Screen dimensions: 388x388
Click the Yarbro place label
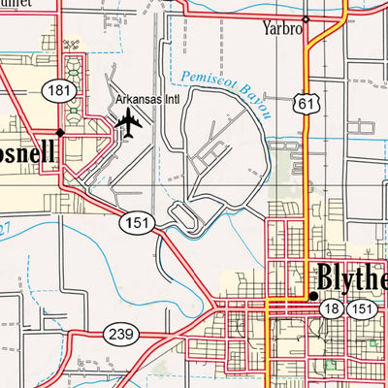pyautogui.click(x=282, y=29)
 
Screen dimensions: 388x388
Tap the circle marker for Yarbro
pyautogui.click(x=305, y=19)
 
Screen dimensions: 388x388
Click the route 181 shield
pyautogui.click(x=54, y=89)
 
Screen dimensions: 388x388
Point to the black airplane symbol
pyautogui.click(x=127, y=122)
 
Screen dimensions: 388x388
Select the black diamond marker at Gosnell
pyautogui.click(x=60, y=131)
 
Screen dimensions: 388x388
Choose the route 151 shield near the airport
pyautogui.click(x=135, y=224)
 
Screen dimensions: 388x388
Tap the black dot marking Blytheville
pyautogui.click(x=312, y=296)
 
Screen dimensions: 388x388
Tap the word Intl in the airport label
pyautogui.click(x=170, y=100)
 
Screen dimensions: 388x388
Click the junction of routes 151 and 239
pyautogui.click(x=215, y=307)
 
